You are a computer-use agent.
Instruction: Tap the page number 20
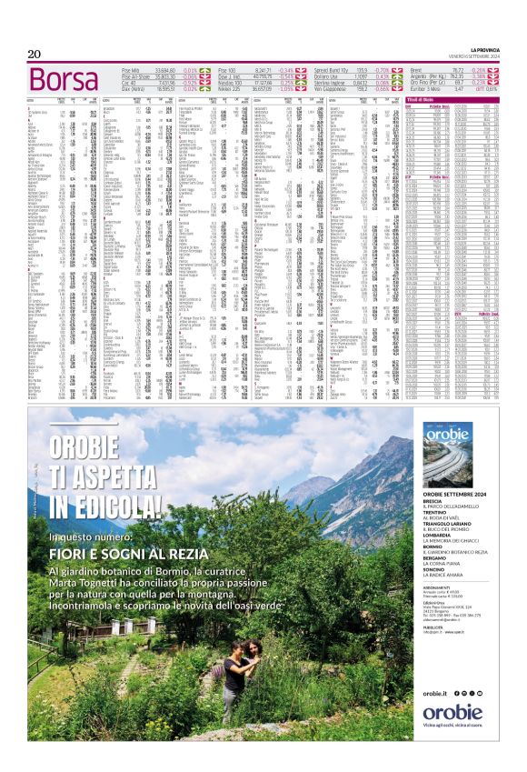35,55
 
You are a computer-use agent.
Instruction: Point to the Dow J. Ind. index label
231,76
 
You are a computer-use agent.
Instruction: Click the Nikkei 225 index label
230,89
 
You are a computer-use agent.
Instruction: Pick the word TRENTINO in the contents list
439,512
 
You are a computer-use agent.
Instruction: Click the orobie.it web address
435,693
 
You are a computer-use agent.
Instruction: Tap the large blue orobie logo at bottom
452,713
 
